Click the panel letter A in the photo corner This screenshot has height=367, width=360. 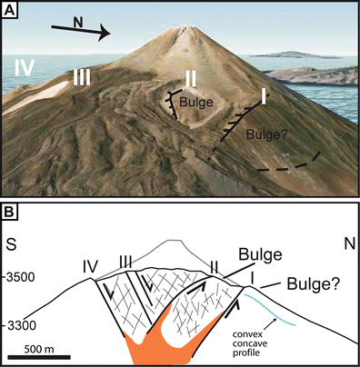click(12, 12)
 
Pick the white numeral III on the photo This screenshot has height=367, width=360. click(82, 78)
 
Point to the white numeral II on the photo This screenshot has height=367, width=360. click(191, 76)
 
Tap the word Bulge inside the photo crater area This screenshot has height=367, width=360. click(195, 103)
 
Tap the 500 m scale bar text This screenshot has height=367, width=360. click(43, 346)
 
